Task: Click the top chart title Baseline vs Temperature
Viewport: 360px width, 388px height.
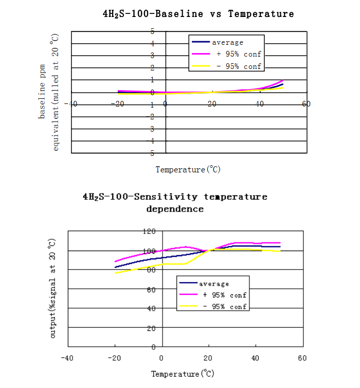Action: [x=199, y=14]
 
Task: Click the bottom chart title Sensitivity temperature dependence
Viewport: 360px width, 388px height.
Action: [x=175, y=202]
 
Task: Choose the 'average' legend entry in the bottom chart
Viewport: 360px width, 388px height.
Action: [x=214, y=284]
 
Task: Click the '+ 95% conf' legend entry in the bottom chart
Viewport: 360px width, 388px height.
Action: [x=225, y=295]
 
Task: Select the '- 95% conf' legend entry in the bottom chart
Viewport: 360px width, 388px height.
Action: [x=225, y=307]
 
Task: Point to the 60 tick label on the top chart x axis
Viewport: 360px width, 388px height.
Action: [x=307, y=104]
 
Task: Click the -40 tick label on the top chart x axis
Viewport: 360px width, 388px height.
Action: [x=70, y=104]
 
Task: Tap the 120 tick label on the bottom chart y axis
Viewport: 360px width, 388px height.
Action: [x=149, y=232]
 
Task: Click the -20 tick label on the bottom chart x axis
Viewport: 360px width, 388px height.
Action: [x=113, y=358]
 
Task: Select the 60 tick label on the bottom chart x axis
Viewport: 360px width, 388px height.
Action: [x=302, y=358]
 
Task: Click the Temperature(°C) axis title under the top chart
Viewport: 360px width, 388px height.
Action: [x=188, y=169]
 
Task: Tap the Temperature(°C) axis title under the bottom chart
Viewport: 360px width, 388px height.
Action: [x=183, y=374]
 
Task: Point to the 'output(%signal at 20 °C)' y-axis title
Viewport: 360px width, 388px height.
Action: [x=52, y=288]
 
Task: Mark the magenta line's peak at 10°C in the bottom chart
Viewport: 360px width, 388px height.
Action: [x=186, y=246]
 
